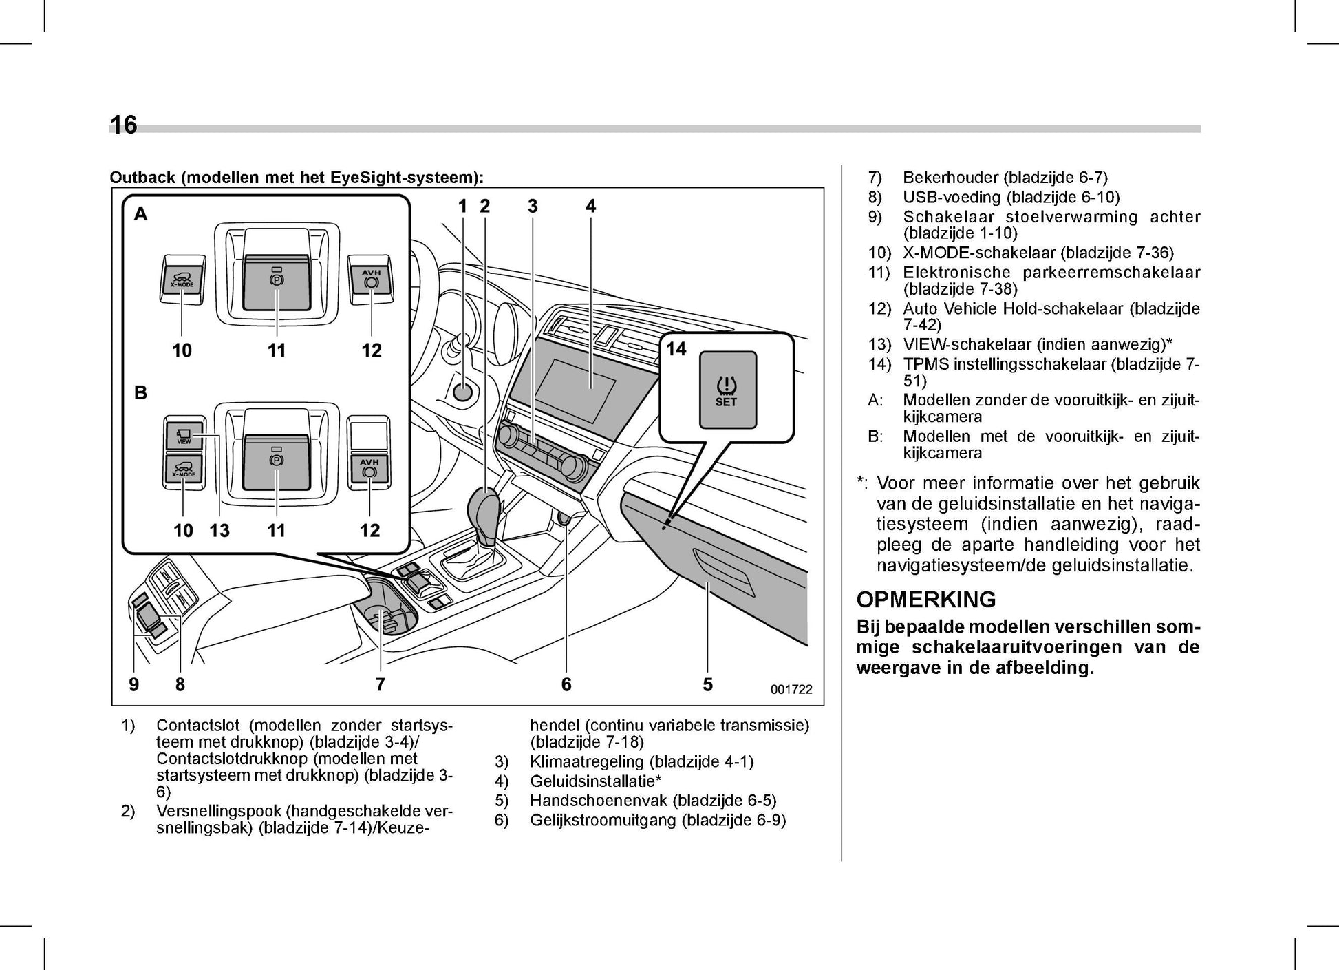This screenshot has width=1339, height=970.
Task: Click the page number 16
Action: coord(124,125)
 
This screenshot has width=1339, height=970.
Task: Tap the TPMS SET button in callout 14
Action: coord(727,390)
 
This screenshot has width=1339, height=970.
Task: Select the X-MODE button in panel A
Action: coord(182,280)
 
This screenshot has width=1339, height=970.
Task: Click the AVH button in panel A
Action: coord(371,279)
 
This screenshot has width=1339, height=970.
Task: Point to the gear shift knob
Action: coord(486,509)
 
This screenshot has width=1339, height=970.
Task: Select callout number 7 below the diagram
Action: coord(380,684)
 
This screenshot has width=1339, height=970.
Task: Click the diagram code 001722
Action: coord(791,689)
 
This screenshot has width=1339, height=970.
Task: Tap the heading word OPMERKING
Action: coord(925,600)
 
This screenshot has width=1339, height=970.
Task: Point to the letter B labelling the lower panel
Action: coord(140,393)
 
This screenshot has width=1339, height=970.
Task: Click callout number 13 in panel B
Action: coord(219,530)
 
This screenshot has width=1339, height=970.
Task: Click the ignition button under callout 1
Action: coord(462,392)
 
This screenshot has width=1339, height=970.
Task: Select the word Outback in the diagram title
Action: coord(142,178)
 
